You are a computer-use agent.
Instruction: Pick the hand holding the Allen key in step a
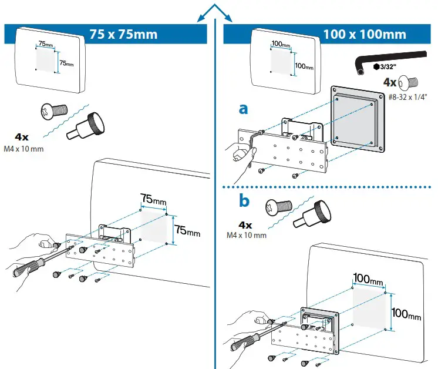pos(242,154)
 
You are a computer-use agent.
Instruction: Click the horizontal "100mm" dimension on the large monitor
pos(368,277)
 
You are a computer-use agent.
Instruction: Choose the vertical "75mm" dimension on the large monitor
pos(187,230)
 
